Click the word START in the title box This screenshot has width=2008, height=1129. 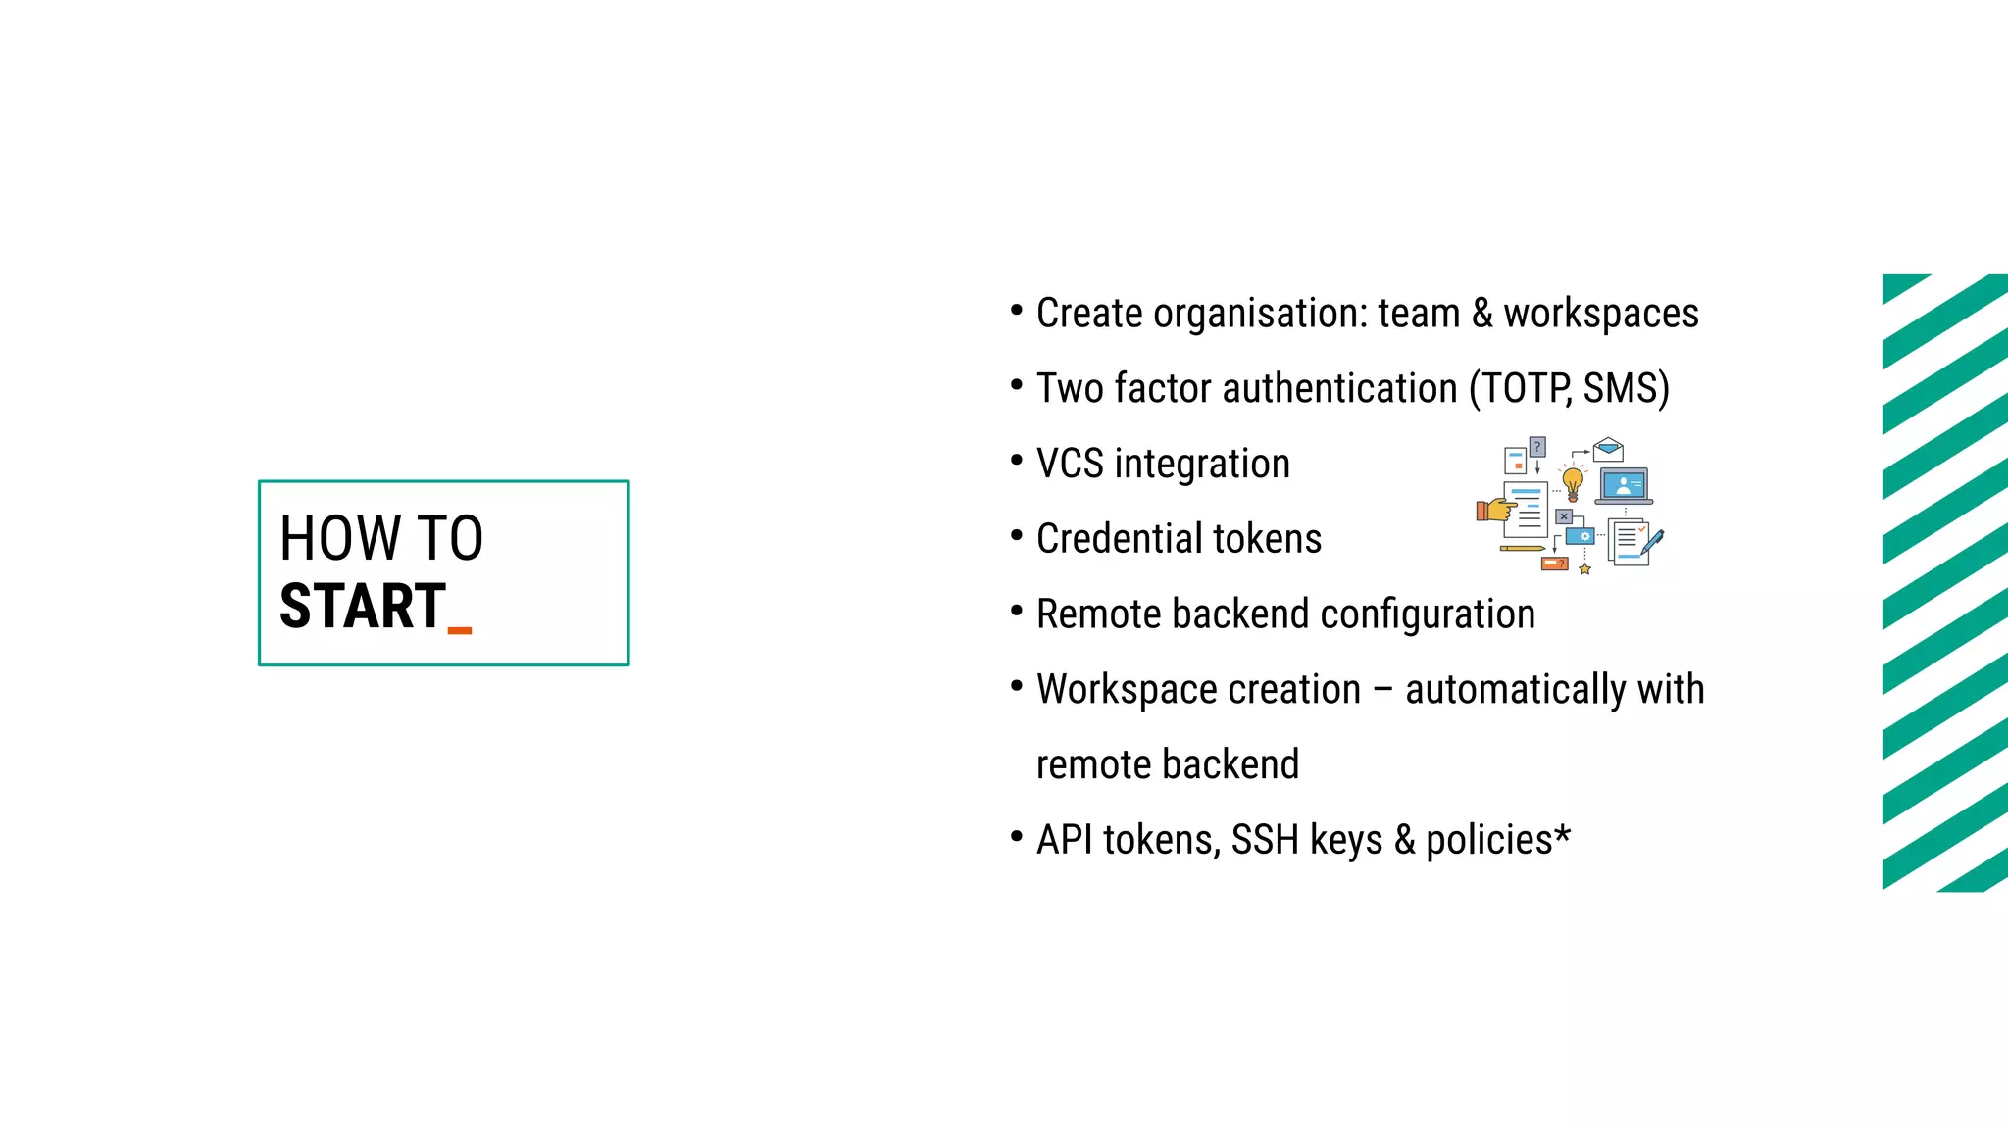(x=362, y=607)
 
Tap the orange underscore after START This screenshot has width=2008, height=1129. (x=460, y=630)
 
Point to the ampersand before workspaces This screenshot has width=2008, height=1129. (x=1482, y=314)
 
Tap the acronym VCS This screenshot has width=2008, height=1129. (x=1070, y=464)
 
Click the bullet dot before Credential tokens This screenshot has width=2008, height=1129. (x=1017, y=535)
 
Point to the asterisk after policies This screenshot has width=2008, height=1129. (x=1562, y=834)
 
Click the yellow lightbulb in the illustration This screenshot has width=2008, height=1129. (x=1573, y=482)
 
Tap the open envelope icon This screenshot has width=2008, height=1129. (x=1608, y=450)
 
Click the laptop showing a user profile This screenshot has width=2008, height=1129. (x=1624, y=486)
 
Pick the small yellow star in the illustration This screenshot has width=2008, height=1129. (x=1584, y=569)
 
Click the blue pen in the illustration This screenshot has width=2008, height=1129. (x=1652, y=542)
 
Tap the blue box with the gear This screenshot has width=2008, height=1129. (x=1580, y=536)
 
